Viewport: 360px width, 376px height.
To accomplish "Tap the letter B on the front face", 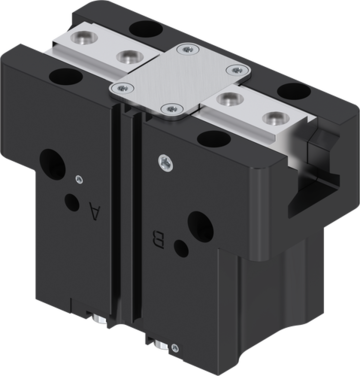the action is point(158,239).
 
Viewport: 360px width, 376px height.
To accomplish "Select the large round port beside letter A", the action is point(53,164).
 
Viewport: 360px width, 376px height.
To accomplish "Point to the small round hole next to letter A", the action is point(72,202).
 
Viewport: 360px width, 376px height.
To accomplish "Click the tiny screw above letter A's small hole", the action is point(79,180).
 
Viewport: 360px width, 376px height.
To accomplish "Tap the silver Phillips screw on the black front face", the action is point(166,163).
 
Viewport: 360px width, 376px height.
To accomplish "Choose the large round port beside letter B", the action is point(201,227).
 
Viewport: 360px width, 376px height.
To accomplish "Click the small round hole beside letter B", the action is point(181,248).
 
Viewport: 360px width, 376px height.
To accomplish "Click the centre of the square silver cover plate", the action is point(180,81).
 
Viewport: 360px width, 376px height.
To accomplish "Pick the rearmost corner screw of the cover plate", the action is point(188,50).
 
